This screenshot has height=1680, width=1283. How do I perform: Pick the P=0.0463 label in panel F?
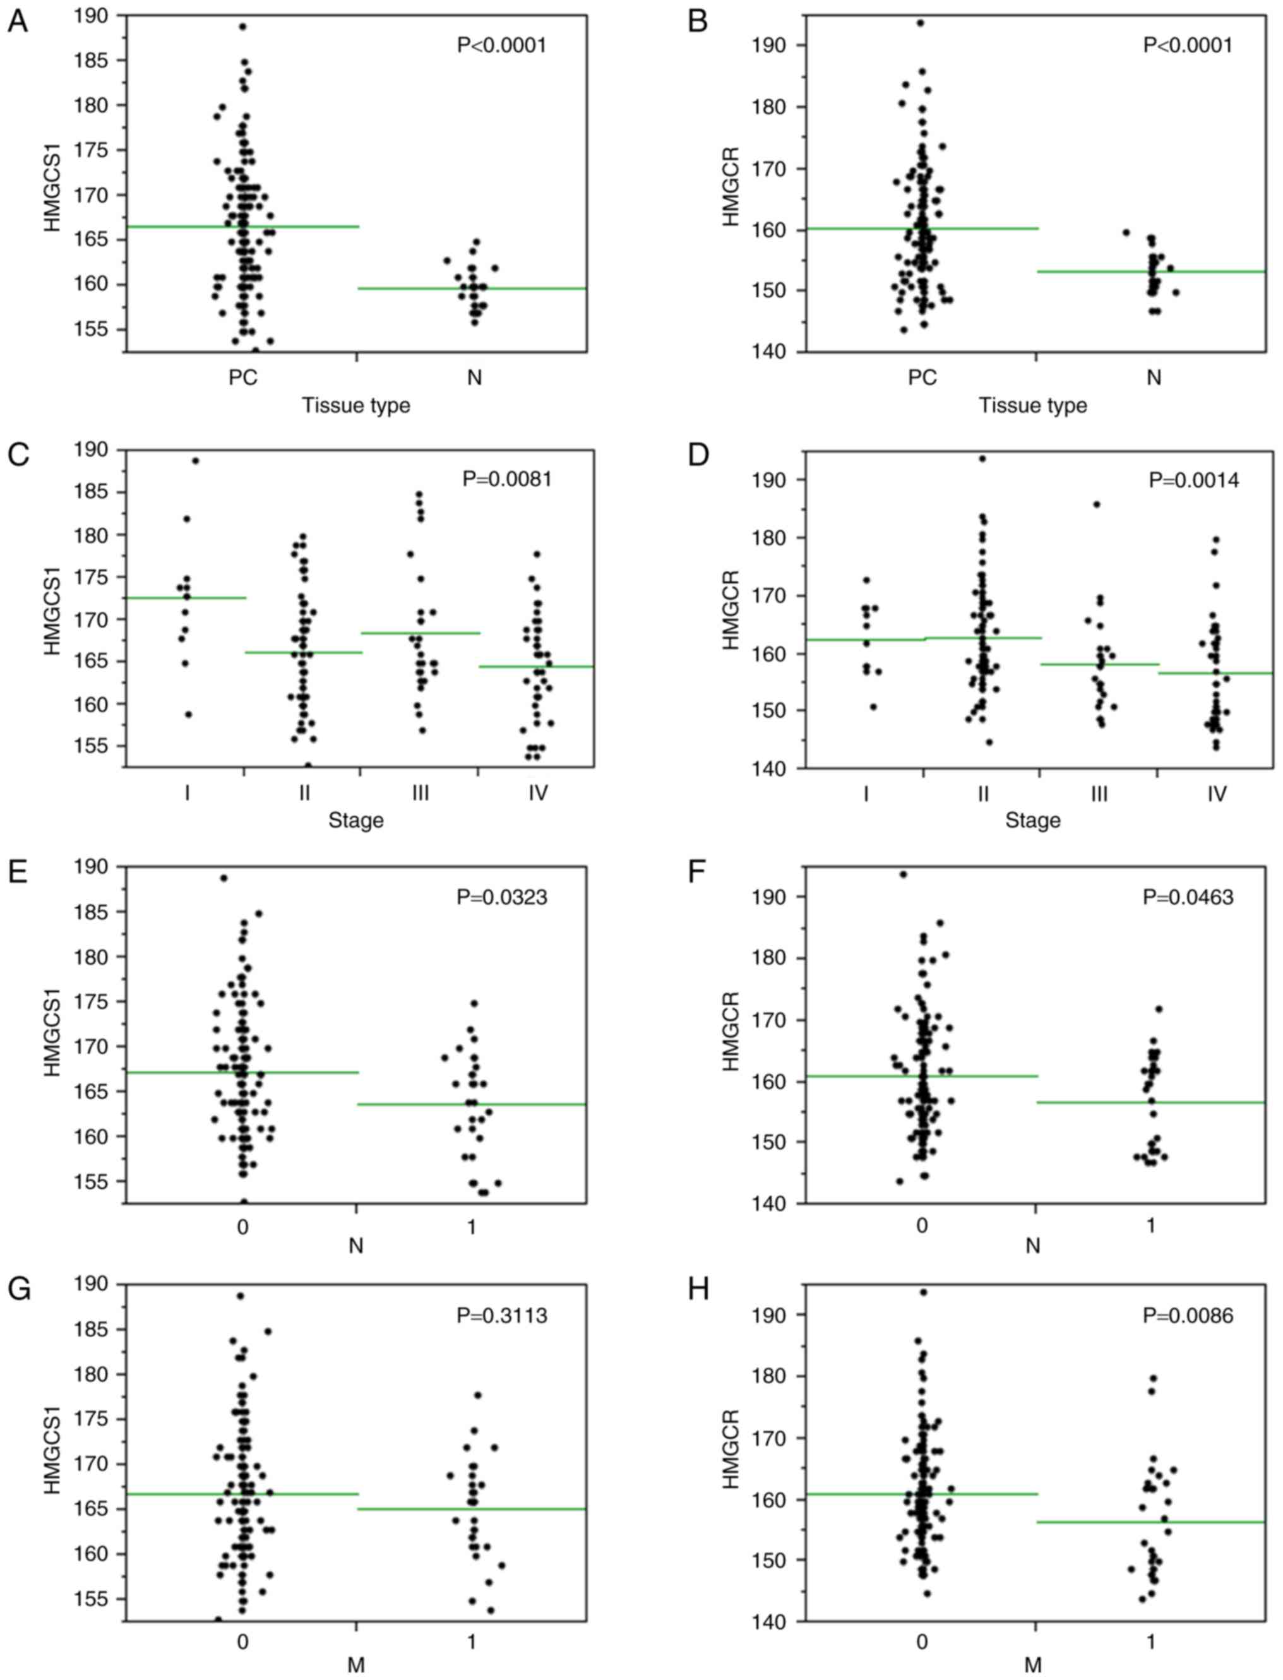(1188, 897)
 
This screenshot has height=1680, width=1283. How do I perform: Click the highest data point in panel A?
(243, 27)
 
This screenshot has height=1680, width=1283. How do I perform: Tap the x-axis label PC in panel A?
(243, 378)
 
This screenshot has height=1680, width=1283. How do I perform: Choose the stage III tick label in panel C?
(420, 794)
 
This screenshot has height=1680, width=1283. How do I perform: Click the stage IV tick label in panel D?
(1217, 794)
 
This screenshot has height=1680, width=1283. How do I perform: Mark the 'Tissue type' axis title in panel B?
(1032, 405)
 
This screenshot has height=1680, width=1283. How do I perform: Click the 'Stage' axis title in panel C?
(356, 820)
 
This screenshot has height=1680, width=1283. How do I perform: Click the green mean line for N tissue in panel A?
(474, 289)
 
